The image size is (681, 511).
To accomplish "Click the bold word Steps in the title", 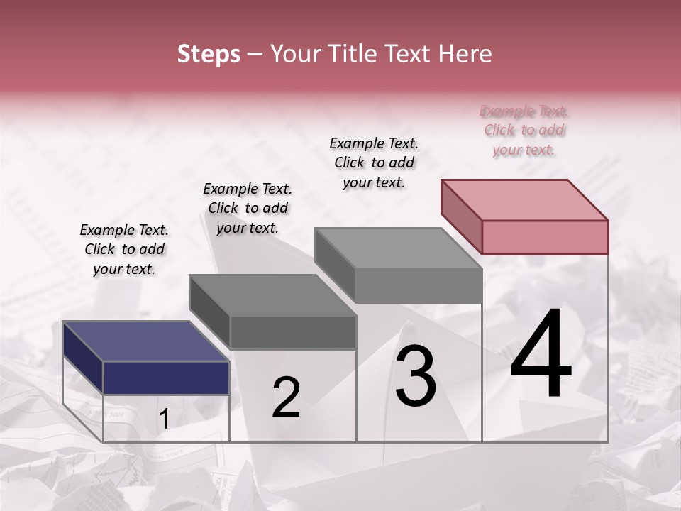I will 209,54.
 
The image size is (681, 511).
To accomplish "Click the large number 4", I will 541,357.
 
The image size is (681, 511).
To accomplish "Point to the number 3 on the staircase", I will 416,376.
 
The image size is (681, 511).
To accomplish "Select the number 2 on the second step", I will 287,397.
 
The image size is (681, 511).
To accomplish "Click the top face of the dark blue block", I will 145,341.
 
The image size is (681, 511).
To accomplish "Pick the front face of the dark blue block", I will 166,378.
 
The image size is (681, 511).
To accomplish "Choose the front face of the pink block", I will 545,237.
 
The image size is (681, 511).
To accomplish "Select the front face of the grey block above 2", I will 293,332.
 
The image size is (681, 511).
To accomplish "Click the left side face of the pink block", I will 461,216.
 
